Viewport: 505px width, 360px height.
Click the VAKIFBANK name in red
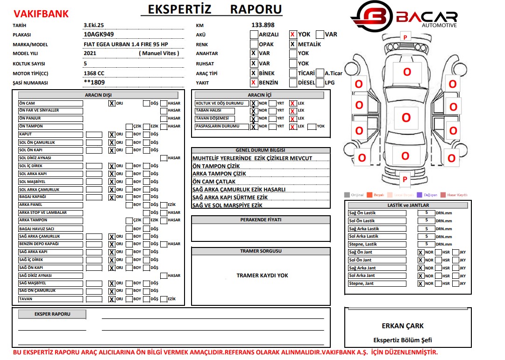41,14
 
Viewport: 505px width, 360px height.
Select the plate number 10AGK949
99,35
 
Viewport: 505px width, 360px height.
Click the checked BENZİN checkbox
253,83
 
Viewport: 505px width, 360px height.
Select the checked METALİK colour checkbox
292,44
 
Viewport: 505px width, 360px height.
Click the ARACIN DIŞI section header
98,95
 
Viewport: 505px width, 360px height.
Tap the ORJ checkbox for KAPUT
112,134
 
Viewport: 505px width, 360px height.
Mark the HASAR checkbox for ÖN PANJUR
164,119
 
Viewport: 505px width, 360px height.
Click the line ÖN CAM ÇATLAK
214,182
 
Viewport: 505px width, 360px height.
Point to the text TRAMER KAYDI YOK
262,275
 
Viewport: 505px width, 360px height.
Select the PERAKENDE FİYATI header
261,220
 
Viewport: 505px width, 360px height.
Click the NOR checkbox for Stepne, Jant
421,283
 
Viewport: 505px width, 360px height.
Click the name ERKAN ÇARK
402,326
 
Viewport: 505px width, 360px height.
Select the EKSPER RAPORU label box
52,314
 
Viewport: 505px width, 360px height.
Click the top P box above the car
405,37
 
